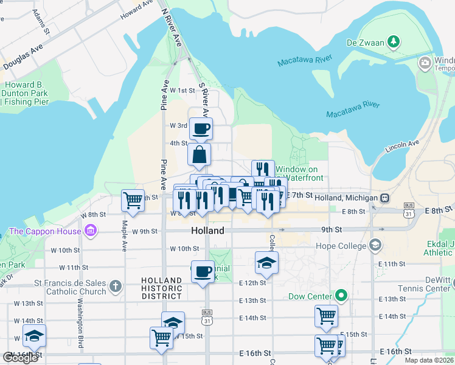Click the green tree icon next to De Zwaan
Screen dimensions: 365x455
(395, 42)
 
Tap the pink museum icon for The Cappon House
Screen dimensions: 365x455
(91, 231)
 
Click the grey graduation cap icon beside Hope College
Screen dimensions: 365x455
(375, 246)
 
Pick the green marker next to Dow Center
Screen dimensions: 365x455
(341, 297)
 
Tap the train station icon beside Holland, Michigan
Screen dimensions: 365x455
(384, 198)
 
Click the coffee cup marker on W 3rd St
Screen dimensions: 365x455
(201, 128)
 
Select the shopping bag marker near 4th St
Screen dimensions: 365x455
(200, 155)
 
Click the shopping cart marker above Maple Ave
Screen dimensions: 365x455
(133, 200)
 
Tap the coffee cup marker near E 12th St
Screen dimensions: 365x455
(203, 271)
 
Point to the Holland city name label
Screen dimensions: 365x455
(207, 231)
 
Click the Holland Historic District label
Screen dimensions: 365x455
(161, 288)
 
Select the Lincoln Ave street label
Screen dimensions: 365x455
(402, 147)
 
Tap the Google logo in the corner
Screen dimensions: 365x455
(20, 357)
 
